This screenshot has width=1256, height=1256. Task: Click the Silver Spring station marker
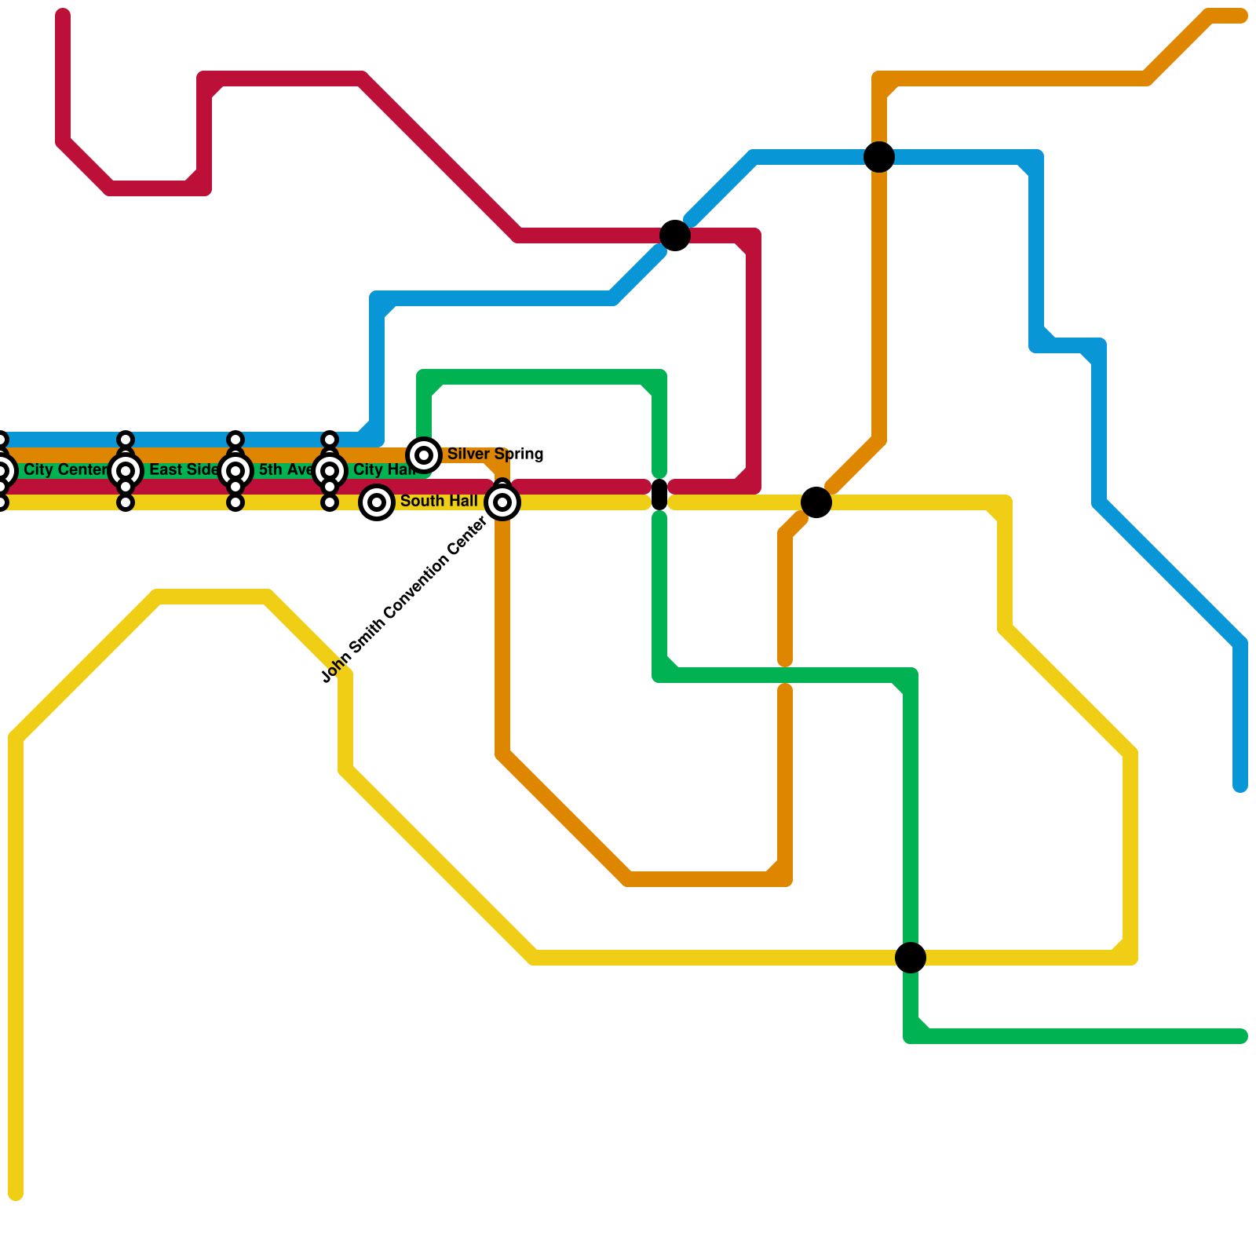tap(424, 455)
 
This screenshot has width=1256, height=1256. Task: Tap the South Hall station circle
tap(377, 502)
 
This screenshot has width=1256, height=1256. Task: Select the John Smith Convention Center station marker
tap(502, 502)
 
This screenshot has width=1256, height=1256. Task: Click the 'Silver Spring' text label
tap(495, 455)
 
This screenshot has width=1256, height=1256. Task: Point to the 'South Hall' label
tap(438, 502)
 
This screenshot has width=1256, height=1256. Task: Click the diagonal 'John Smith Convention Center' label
tap(404, 601)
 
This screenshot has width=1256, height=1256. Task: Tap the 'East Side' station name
tap(184, 470)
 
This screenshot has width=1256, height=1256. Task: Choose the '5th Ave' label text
tap(285, 470)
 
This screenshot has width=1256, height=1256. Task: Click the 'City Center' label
tap(65, 470)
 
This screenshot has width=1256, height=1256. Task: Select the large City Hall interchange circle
tap(330, 471)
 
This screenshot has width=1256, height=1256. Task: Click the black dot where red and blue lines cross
tap(675, 235)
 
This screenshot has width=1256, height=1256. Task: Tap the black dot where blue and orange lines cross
tap(879, 157)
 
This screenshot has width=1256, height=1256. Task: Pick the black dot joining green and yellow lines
tap(911, 958)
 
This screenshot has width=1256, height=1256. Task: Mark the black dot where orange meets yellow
tap(816, 502)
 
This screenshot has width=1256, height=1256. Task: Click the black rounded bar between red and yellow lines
tap(659, 495)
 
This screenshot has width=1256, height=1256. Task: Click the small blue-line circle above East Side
tap(126, 440)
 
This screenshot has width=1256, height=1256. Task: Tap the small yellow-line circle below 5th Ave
tap(235, 502)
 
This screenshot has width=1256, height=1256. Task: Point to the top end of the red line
tap(63, 16)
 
